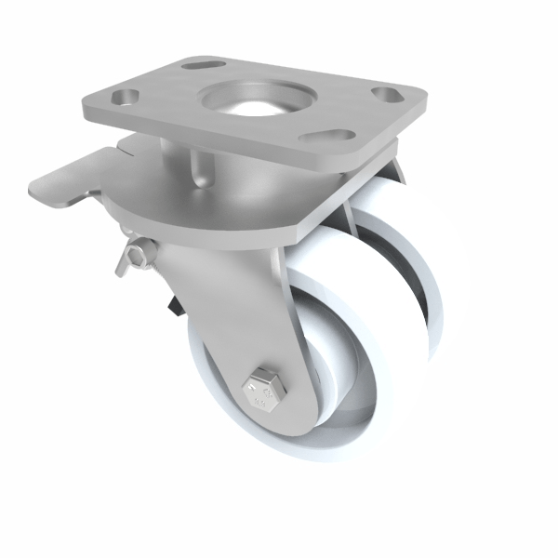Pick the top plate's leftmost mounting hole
[x=123, y=97]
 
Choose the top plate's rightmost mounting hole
[x=384, y=96]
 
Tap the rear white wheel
[x=418, y=279]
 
